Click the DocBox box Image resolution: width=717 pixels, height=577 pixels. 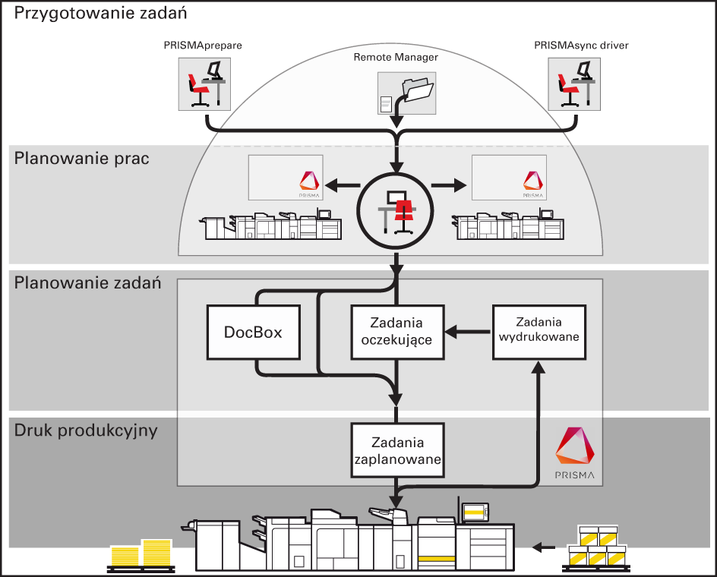pyautogui.click(x=253, y=333)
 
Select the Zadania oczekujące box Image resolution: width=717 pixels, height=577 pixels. pyautogui.click(x=396, y=332)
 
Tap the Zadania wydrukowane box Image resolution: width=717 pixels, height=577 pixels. pyautogui.click(x=539, y=331)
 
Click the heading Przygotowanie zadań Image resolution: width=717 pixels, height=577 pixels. pyautogui.click(x=101, y=13)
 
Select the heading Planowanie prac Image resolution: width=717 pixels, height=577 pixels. pyautogui.click(x=81, y=159)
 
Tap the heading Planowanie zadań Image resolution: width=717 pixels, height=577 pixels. pyautogui.click(x=87, y=284)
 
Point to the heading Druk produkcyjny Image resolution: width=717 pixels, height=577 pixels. pyautogui.click(x=86, y=430)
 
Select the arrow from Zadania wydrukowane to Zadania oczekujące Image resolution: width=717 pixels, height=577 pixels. pyautogui.click(x=467, y=331)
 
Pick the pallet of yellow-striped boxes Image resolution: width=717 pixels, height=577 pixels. pyautogui.click(x=599, y=549)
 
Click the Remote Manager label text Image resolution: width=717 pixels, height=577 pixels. pyautogui.click(x=396, y=57)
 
